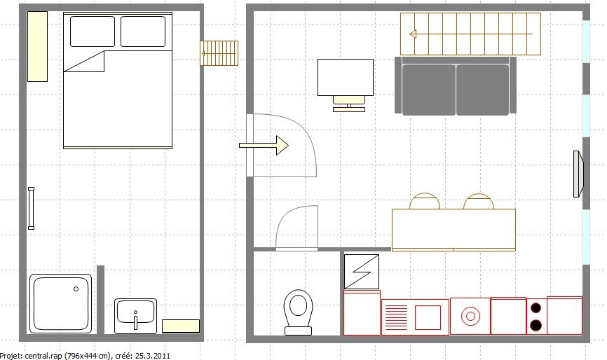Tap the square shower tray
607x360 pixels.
61,304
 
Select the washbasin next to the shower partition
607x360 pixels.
136,315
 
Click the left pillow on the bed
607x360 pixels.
93,32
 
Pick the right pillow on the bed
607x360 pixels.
143,32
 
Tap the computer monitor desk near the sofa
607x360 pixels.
346,78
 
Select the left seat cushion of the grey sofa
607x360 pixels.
428,90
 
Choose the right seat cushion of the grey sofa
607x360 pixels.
482,90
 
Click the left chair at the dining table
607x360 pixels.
425,202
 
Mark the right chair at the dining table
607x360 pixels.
479,202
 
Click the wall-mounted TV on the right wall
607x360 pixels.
578,174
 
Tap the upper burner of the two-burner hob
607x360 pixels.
536,307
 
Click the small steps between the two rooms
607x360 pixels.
219,53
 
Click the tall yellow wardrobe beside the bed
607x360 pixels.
37,46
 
